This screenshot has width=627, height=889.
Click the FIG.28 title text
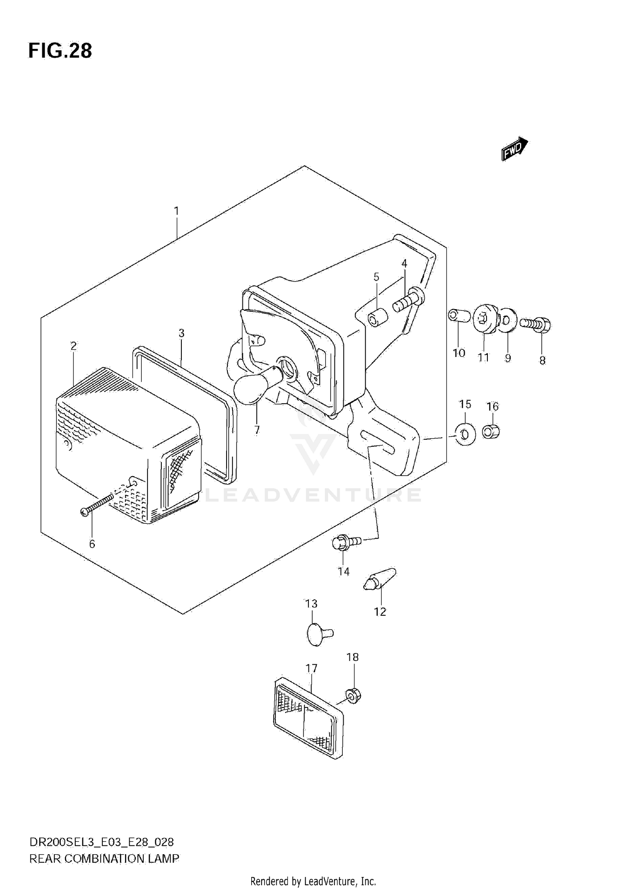(x=60, y=51)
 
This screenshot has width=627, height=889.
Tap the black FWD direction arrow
(x=514, y=149)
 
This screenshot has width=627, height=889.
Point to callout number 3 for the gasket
(x=181, y=333)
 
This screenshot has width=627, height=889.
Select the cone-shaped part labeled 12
(x=380, y=579)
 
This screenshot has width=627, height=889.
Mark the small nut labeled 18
(x=354, y=695)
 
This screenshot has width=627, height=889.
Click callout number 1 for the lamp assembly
(x=176, y=211)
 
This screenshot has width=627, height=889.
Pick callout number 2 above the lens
(x=74, y=346)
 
